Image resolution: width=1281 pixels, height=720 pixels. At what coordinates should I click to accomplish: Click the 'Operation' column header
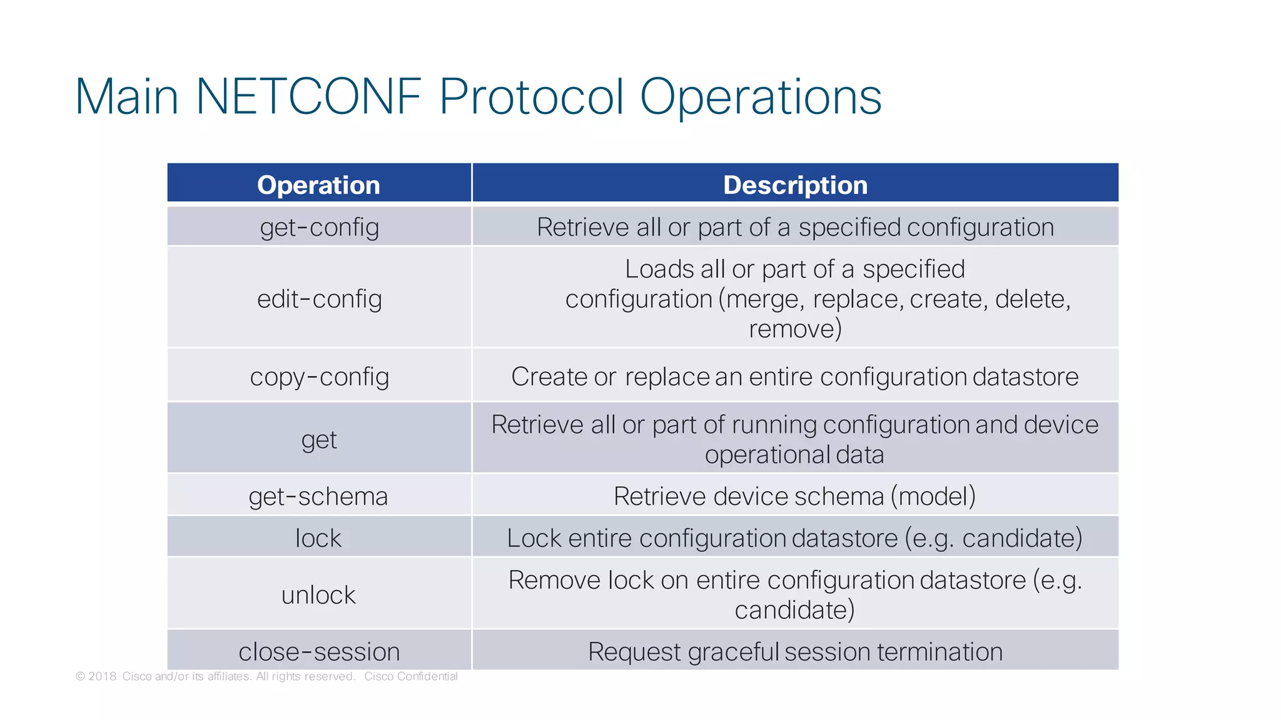[x=318, y=185]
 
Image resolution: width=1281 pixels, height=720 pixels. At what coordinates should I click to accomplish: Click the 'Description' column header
[x=795, y=185]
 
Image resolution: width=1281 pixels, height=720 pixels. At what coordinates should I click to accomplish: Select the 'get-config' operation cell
[x=319, y=227]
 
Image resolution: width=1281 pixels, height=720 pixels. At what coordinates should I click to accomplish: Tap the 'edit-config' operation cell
[x=319, y=298]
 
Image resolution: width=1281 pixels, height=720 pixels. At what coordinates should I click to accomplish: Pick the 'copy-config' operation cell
[x=319, y=377]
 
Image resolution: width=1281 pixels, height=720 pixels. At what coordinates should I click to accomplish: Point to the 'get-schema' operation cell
[x=318, y=496]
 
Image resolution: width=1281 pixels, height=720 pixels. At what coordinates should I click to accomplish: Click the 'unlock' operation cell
[x=318, y=594]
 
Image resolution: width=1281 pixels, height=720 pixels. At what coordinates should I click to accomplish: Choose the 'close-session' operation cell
[x=319, y=651]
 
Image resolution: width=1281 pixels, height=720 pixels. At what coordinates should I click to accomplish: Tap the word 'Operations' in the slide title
[x=760, y=97]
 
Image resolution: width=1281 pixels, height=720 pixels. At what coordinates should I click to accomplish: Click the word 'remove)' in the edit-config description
[x=795, y=328]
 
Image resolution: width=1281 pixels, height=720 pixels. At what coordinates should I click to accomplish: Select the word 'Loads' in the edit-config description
[x=659, y=269]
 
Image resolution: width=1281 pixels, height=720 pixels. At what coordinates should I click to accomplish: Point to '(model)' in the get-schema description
[x=933, y=496]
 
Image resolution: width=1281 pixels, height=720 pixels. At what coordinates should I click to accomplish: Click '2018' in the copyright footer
[x=102, y=676]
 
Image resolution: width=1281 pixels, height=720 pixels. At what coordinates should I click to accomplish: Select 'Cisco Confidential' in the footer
[x=410, y=676]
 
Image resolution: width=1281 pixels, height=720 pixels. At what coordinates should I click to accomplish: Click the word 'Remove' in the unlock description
[x=554, y=580]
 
